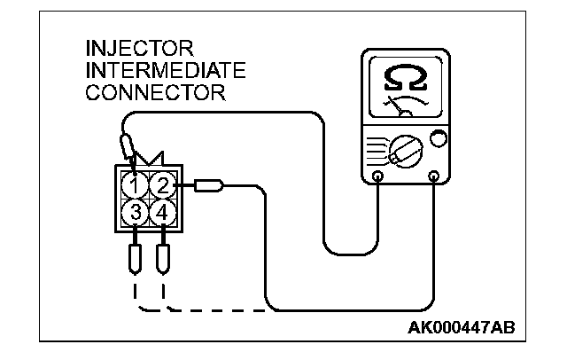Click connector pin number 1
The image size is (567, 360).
(134, 185)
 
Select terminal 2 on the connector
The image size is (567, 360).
(161, 185)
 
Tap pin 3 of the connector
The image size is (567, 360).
(134, 213)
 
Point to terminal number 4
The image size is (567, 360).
(161, 213)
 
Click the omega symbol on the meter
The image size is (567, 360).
(405, 82)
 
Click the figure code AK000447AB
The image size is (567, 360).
(460, 330)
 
